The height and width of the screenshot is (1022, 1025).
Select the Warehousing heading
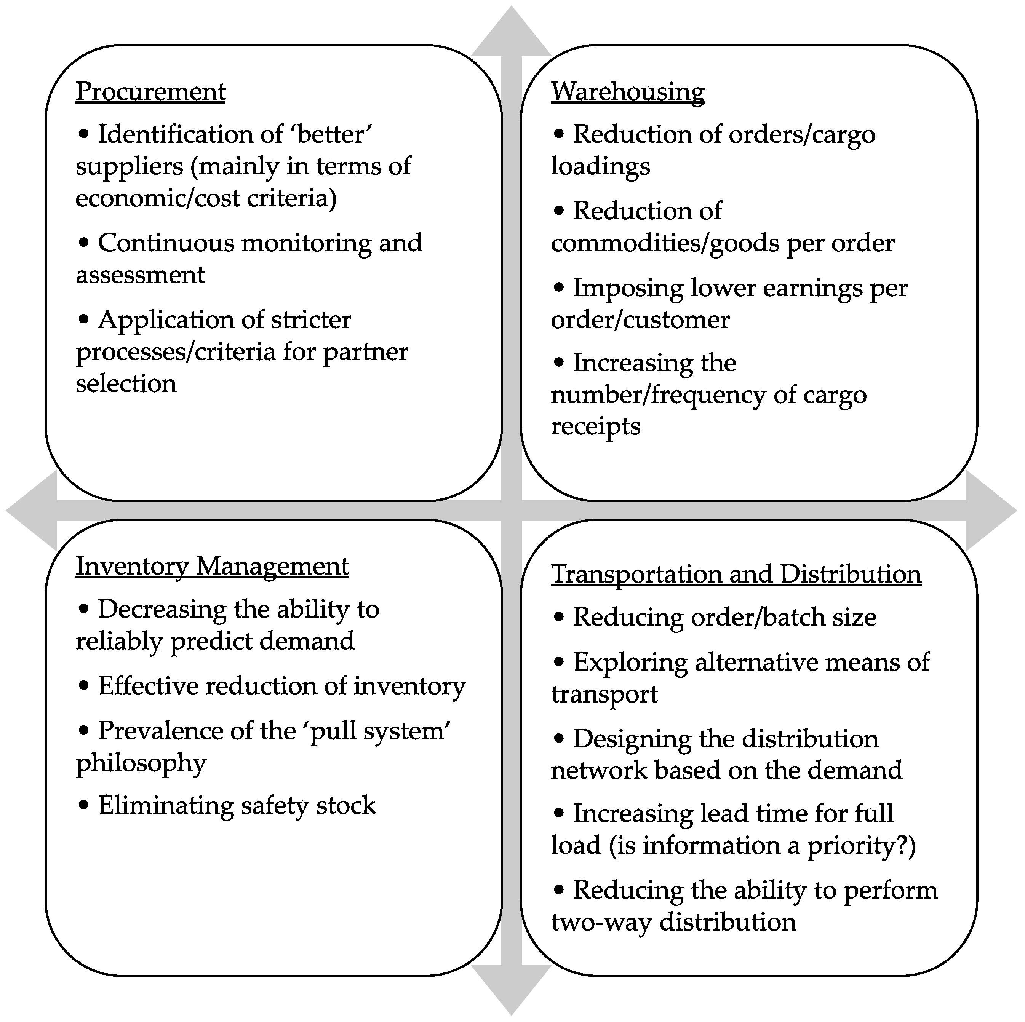coord(628,91)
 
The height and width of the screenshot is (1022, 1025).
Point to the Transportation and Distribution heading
coord(736,574)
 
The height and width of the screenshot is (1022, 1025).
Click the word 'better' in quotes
coord(334,134)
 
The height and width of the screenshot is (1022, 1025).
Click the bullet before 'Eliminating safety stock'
coord(83,805)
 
